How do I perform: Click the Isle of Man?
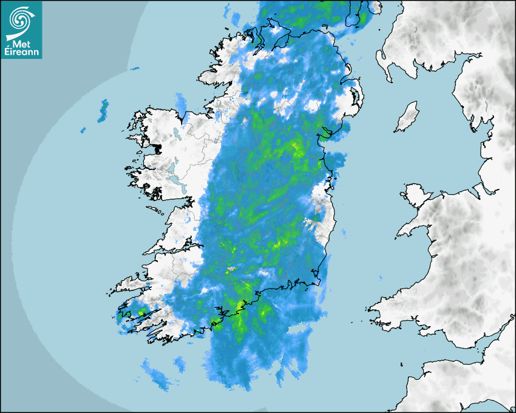point(407,117)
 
